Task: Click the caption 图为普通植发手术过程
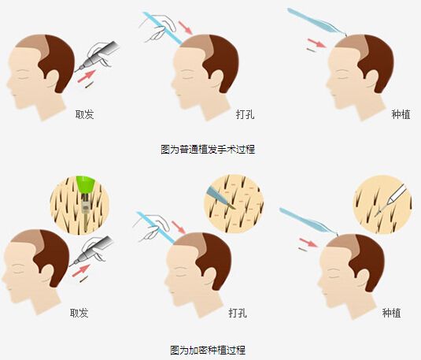(208, 149)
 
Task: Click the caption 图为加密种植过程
(208, 350)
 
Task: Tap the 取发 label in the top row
(84, 115)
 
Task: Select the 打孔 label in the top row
(245, 115)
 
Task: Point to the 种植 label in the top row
(401, 115)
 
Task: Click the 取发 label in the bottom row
(79, 314)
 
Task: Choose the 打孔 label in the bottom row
(238, 314)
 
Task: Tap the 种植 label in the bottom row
(391, 314)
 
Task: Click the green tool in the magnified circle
(86, 184)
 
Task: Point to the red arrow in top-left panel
(87, 76)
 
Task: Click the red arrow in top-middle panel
(186, 28)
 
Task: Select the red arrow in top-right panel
(317, 43)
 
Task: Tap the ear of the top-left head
(53, 79)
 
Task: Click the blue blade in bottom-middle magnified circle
(220, 199)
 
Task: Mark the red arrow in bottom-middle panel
(179, 228)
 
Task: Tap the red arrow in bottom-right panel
(308, 243)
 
